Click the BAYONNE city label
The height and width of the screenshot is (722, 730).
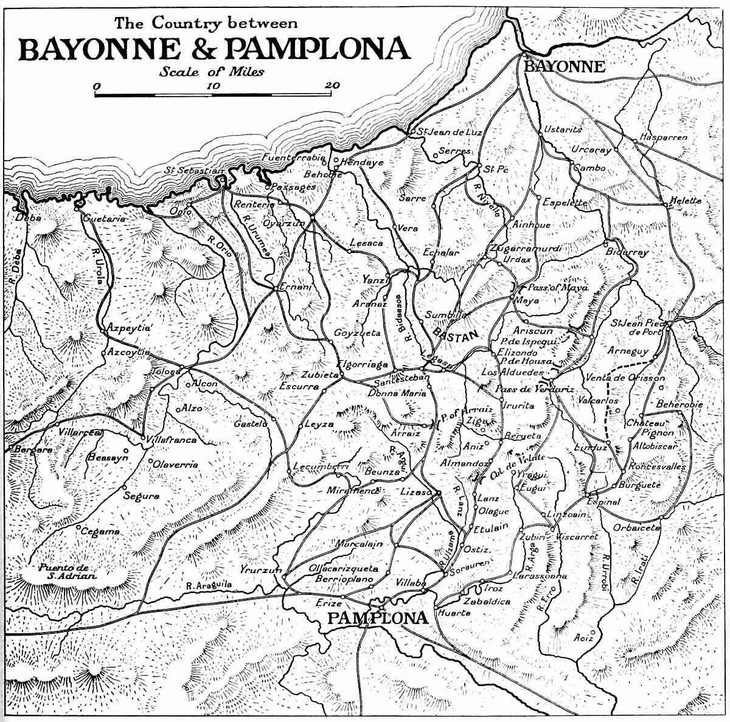click(x=564, y=67)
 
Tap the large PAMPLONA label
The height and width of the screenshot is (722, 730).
click(x=377, y=619)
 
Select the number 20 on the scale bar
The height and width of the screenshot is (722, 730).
click(x=332, y=85)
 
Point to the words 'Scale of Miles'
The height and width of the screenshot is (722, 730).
click(x=212, y=72)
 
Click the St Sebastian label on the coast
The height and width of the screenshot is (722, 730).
click(x=194, y=171)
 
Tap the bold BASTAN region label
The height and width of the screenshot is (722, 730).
click(x=456, y=333)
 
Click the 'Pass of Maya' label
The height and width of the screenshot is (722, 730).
click(x=557, y=287)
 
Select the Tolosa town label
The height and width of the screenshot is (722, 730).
click(x=166, y=372)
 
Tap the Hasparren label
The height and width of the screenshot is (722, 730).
click(x=663, y=137)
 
